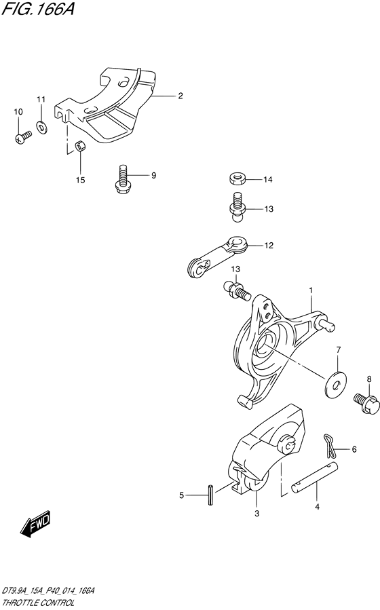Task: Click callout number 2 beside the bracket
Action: point(180,96)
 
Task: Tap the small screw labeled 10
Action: point(23,137)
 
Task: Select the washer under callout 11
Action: point(41,126)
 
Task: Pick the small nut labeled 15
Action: point(81,147)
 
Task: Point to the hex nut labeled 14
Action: point(237,179)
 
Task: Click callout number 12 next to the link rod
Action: point(269,246)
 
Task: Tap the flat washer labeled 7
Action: point(336,385)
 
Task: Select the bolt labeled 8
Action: point(366,403)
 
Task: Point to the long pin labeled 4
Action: point(315,478)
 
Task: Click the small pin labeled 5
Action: point(211,495)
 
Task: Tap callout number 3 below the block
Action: point(256,514)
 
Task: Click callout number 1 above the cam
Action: point(311,290)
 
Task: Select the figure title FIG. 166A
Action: point(38,9)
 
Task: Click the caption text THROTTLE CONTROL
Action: point(38,603)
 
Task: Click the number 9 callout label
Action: point(153,176)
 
